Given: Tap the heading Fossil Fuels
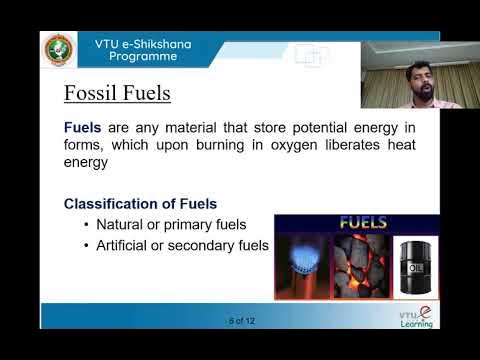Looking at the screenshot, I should (118, 94).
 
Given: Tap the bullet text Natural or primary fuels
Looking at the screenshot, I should (171, 224).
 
